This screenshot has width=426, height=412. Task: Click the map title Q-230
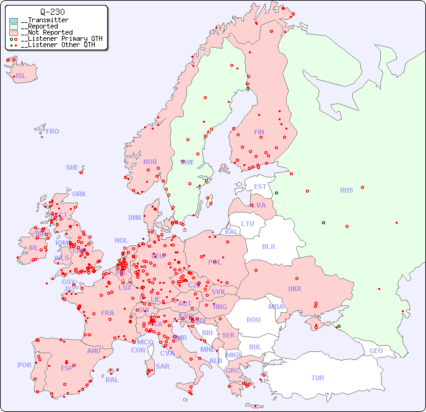pos(52,12)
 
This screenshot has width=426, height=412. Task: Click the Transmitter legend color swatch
pos(14,20)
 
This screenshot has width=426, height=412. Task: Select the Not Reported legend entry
pos(46,32)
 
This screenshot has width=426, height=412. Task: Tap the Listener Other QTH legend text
pos(59,45)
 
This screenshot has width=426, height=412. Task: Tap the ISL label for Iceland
pos(21,76)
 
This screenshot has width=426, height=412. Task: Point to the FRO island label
pos(53,131)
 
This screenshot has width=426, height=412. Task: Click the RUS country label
pos(346,190)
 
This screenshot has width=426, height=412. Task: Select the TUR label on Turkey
pos(318,378)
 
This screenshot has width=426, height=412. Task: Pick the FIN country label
pos(259,132)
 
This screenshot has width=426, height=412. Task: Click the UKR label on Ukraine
pos(295,289)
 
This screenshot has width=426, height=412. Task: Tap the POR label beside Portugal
pos(24,365)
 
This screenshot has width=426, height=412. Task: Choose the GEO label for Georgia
pos(376,351)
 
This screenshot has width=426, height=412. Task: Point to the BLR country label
pos(269,246)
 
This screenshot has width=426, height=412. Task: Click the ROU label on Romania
pos(253,320)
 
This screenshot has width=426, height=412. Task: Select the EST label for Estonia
pos(260,186)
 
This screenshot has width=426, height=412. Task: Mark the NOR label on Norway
pos(150,162)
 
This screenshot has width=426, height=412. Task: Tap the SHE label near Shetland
pos(72,167)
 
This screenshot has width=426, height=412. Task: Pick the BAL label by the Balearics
pos(112,380)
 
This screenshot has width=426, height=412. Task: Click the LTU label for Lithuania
pos(248,224)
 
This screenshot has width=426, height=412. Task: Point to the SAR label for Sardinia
pos(163,366)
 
